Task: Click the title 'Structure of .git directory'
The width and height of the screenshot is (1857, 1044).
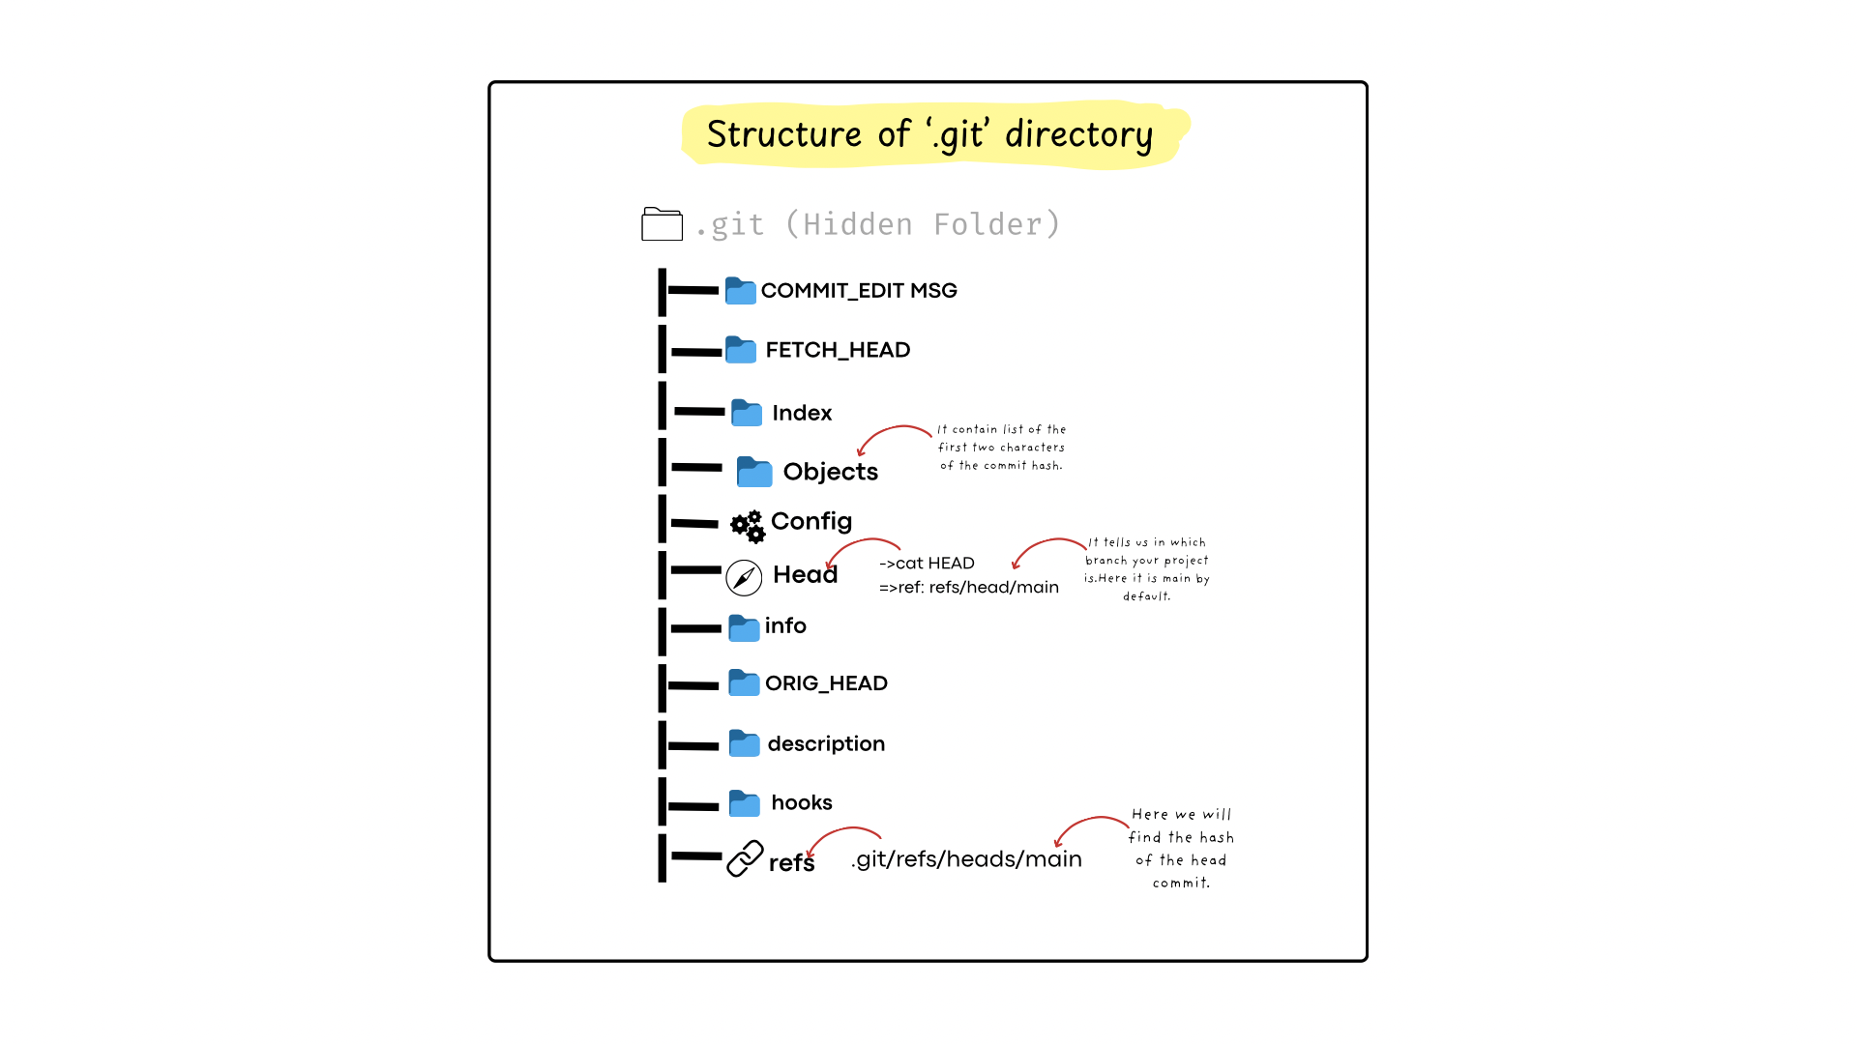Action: (929, 134)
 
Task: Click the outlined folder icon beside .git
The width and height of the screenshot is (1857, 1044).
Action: (662, 224)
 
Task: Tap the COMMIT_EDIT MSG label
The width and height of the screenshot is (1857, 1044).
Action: (859, 291)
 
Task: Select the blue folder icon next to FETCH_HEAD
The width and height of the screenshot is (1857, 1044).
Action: (741, 350)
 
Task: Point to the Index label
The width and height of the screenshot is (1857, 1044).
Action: (802, 414)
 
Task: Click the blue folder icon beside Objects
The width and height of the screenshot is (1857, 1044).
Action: (754, 472)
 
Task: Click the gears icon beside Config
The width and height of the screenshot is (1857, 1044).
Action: (748, 527)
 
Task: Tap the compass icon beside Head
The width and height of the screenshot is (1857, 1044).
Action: (744, 578)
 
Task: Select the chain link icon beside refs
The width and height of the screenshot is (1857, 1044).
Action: (745, 858)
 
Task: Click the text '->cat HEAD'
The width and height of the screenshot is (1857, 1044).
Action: (927, 564)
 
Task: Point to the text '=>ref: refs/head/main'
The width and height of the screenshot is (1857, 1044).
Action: (969, 588)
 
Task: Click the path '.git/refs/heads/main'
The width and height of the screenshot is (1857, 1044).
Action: (966, 859)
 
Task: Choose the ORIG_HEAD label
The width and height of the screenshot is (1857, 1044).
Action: (826, 683)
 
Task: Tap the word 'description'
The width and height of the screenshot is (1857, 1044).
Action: (826, 744)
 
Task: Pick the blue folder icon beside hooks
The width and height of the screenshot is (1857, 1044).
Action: (744, 803)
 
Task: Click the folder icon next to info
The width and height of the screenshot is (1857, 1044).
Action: (744, 628)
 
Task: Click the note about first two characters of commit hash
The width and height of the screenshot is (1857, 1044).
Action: (1002, 448)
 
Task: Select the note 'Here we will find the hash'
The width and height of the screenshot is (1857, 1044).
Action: (1181, 849)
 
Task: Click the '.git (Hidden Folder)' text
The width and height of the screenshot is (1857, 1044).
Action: (878, 225)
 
